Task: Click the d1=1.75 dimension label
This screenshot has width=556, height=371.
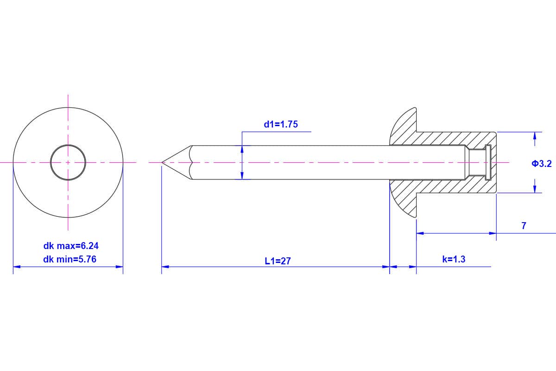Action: tap(281, 124)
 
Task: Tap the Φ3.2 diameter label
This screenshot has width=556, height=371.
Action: tap(542, 164)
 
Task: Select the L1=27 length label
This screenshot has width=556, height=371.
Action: tap(278, 261)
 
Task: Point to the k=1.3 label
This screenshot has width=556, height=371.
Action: tap(454, 259)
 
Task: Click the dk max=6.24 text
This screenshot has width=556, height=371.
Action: tap(71, 246)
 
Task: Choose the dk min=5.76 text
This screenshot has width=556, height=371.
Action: tap(70, 259)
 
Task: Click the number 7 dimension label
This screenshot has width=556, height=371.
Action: tap(524, 226)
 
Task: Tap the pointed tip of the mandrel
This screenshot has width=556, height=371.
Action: tap(162, 162)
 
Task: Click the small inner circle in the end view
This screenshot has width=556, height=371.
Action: tap(68, 145)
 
